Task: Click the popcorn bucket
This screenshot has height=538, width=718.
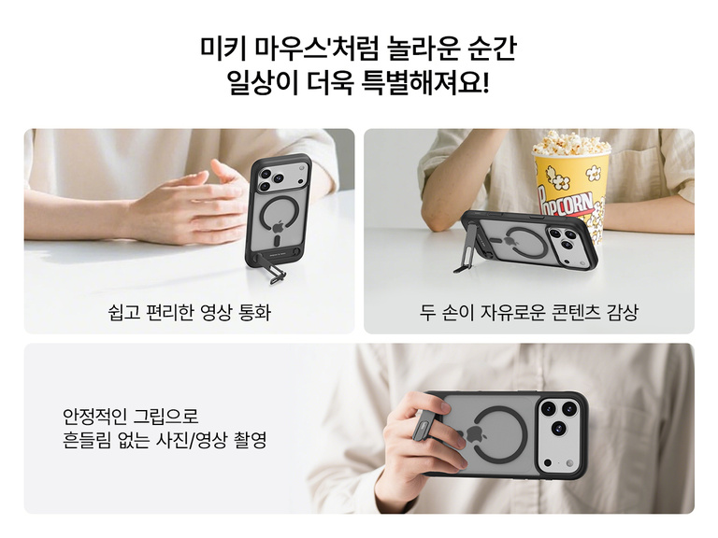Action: point(570,187)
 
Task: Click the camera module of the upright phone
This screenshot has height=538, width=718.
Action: point(269,179)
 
